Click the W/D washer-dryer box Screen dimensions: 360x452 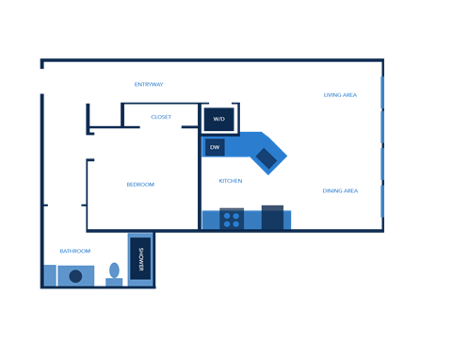218,120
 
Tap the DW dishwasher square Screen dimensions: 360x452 215,147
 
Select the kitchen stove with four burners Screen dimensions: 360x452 232,220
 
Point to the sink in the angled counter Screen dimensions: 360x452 266,157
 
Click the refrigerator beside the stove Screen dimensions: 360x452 272,218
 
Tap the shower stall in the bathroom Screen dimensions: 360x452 140,258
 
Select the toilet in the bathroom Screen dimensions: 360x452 114,271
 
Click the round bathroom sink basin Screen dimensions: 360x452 75,276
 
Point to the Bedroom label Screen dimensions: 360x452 139,185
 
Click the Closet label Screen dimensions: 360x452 161,117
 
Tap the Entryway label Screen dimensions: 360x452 149,85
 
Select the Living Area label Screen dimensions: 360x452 340,95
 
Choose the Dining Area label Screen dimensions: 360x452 339,190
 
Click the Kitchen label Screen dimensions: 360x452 231,180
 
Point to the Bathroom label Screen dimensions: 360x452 75,252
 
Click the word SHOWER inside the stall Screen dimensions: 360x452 141,258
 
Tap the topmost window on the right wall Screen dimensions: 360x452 382,92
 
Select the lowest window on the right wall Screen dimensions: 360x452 382,201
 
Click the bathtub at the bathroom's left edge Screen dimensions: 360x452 50,274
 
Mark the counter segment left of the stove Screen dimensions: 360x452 210,220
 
